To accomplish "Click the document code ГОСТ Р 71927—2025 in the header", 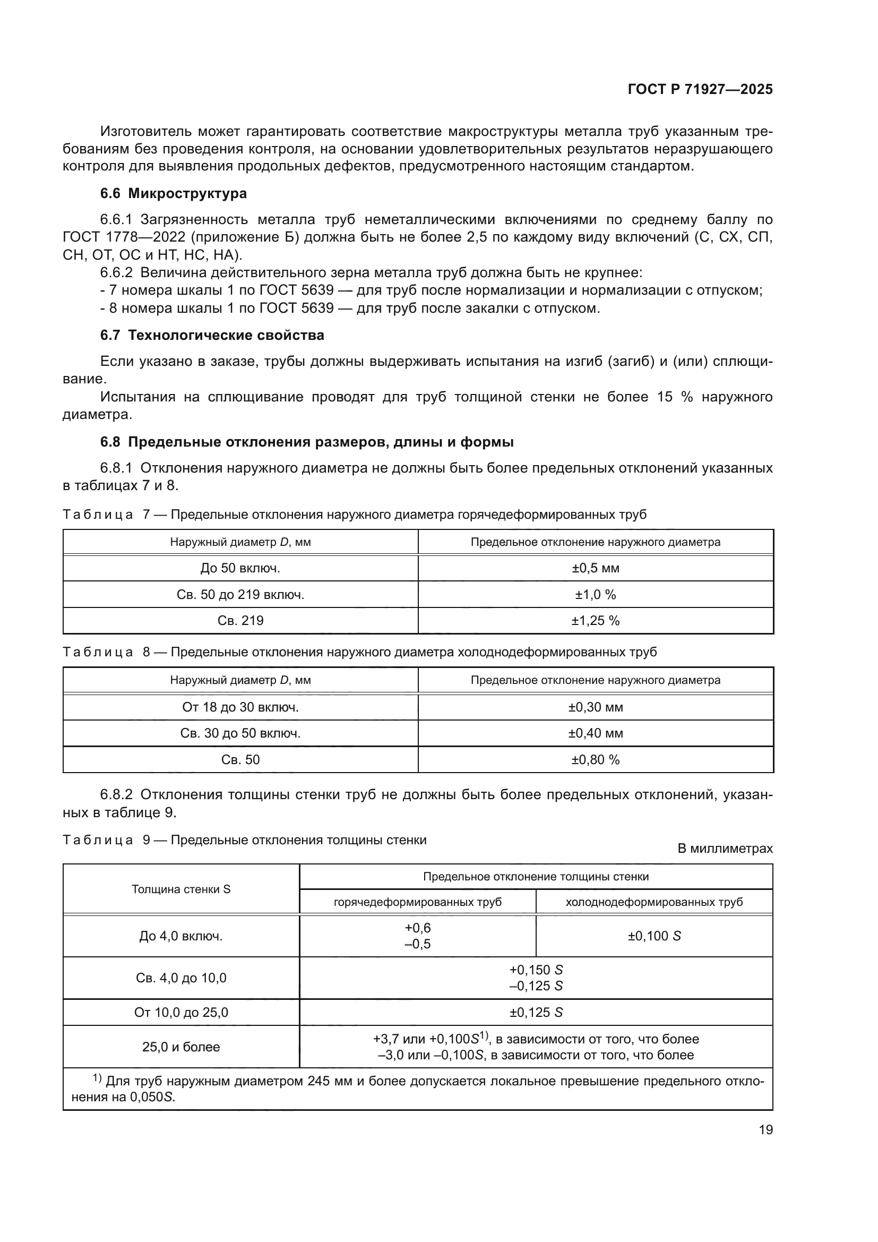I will click(x=700, y=90).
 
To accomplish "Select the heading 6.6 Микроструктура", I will click(x=173, y=194).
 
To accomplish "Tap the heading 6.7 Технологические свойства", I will click(x=212, y=336).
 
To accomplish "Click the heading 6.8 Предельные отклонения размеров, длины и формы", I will click(x=306, y=442).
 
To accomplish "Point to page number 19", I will click(x=765, y=1130).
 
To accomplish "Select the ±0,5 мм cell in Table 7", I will click(x=595, y=569).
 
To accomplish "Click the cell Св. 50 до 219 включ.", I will click(x=240, y=595).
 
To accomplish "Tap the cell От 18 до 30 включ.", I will click(x=240, y=707).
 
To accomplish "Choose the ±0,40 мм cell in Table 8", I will click(x=595, y=733).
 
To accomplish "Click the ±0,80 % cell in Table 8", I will click(x=595, y=760).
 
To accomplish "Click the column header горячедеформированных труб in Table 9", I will click(x=417, y=902).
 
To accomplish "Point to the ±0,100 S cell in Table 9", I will click(x=653, y=936).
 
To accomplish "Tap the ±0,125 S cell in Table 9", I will click(x=536, y=1013).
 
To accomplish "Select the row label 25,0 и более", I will click(x=181, y=1047).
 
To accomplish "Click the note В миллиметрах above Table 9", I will click(x=725, y=849).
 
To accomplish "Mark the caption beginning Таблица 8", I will click(x=359, y=653).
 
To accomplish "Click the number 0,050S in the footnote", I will click(x=152, y=1097).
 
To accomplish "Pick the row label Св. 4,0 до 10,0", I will click(x=181, y=978).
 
